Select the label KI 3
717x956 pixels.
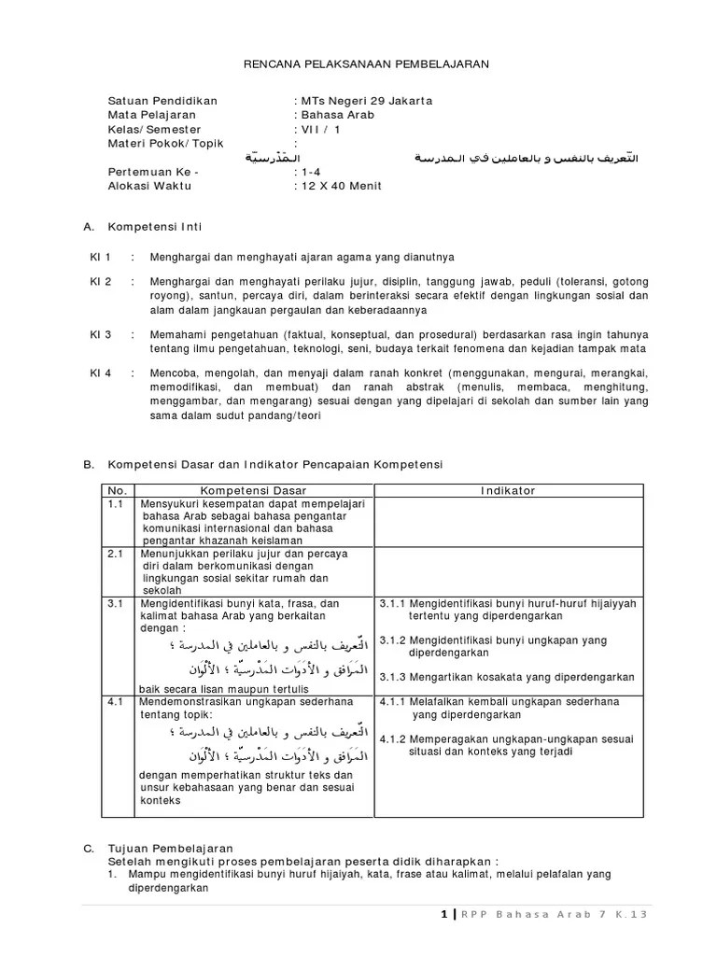click(100, 334)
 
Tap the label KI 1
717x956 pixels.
click(100, 256)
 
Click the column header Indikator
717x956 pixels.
click(508, 490)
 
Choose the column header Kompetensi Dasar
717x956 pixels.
click(253, 490)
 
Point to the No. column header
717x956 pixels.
click(117, 490)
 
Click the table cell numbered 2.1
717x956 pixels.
click(115, 554)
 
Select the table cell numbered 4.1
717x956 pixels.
click(115, 701)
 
